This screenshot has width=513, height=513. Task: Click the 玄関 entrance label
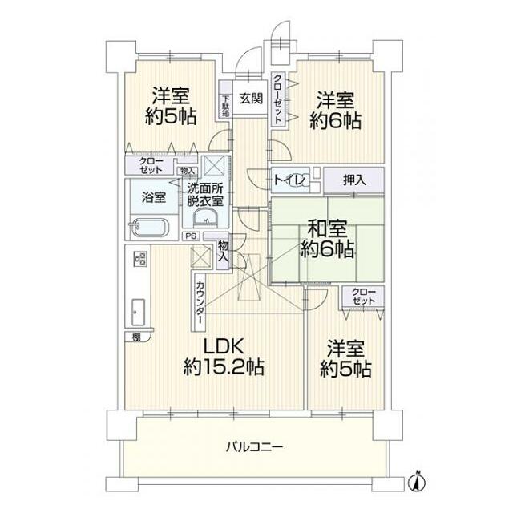[250, 99]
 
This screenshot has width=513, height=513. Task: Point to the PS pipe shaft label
[191, 236]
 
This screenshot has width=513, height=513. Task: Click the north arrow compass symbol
[416, 482]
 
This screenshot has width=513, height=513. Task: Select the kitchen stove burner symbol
[139, 261]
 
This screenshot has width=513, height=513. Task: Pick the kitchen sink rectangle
[138, 309]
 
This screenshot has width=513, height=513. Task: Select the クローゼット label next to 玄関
[277, 99]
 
